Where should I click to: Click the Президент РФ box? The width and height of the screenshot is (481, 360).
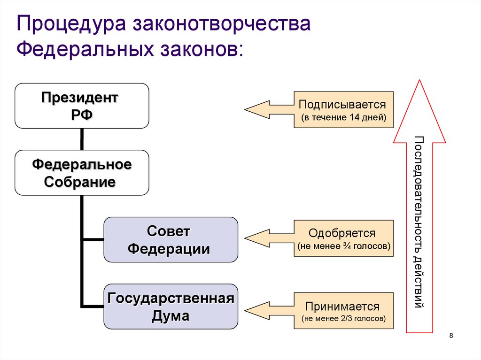pyautogui.click(x=82, y=106)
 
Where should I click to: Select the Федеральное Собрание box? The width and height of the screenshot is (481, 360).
pyautogui.click(x=82, y=173)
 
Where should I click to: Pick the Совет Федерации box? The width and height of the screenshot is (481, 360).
pyautogui.click(x=171, y=239)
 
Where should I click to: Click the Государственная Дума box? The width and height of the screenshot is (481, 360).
pyautogui.click(x=171, y=306)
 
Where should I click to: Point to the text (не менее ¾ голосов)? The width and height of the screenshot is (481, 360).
pyautogui.click(x=344, y=246)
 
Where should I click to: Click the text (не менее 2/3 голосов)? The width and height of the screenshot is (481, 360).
pyautogui.click(x=344, y=319)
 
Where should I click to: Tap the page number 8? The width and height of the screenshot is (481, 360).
pyautogui.click(x=451, y=335)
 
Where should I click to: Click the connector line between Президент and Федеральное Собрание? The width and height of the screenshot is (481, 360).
pyautogui.click(x=82, y=139)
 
